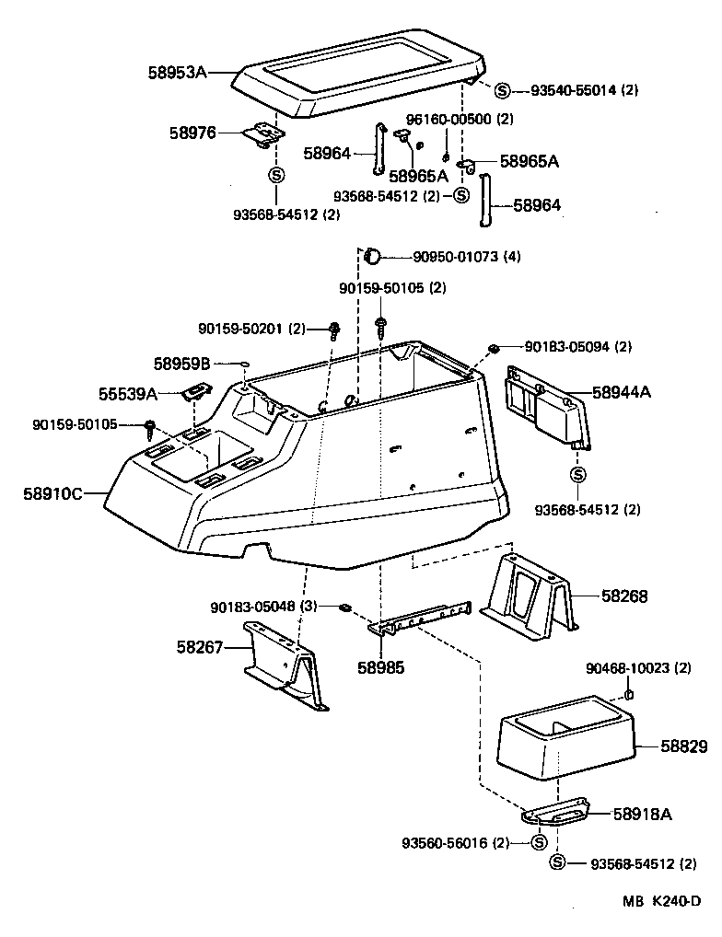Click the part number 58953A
[x=177, y=71]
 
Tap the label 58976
[x=192, y=133]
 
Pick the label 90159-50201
[x=239, y=328]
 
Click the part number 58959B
[x=182, y=364]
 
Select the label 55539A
[x=128, y=394]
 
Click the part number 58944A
[x=622, y=392]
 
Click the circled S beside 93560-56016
[x=540, y=842]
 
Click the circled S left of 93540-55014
[x=502, y=90]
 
